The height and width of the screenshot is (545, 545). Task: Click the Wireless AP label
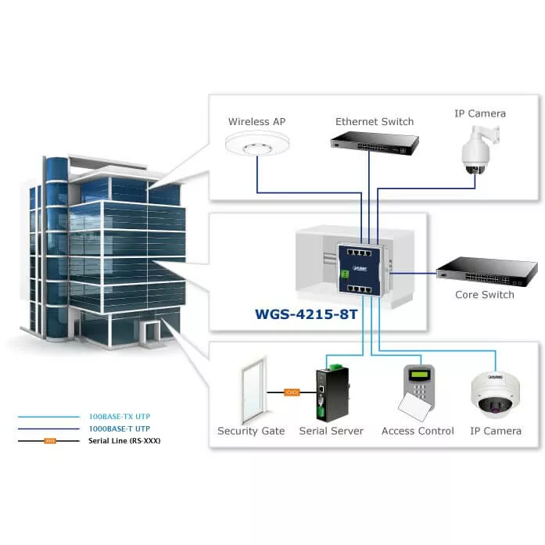tap(256, 122)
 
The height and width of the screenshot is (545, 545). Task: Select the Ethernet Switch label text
tap(375, 122)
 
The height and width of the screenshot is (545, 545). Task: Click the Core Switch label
tap(485, 295)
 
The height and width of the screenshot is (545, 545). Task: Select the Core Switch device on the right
tap(486, 271)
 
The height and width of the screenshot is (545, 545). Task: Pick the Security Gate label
tap(250, 431)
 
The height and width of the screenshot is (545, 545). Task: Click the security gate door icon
tap(250, 392)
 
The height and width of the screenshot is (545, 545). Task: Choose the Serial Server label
tap(331, 431)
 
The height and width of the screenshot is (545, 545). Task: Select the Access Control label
tap(418, 431)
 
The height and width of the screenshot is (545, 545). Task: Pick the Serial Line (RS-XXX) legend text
tap(125, 441)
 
